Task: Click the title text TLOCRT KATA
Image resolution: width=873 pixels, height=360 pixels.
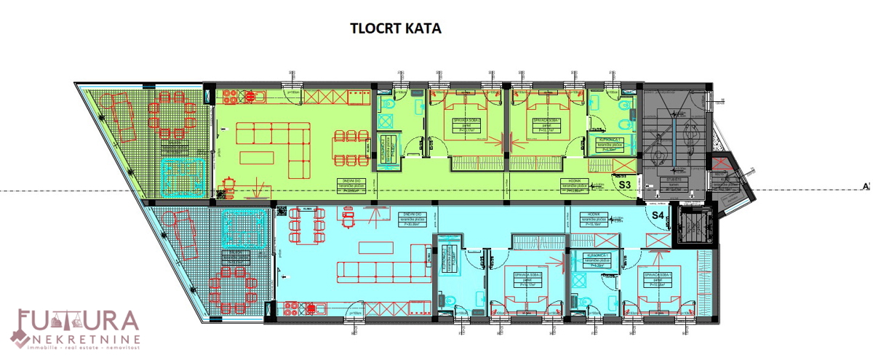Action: [396, 29]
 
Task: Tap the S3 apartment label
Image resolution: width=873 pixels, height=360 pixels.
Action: [624, 185]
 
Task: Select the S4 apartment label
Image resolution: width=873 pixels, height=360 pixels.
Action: [658, 215]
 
